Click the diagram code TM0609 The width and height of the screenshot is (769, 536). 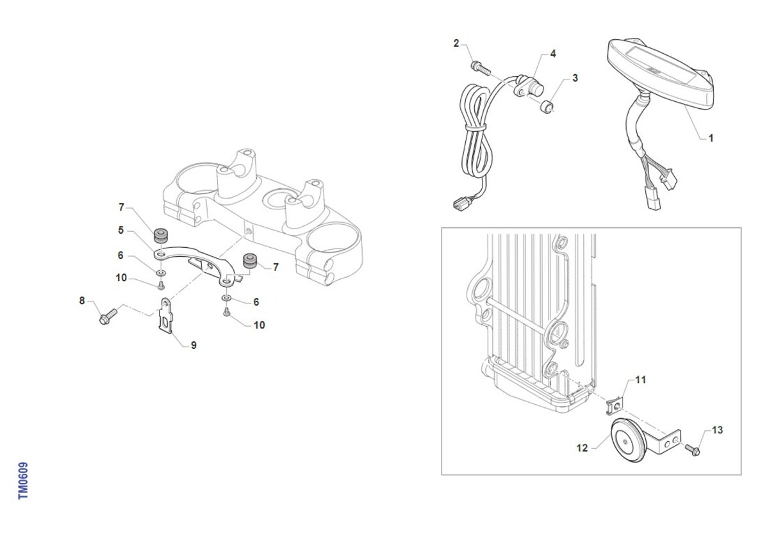[x=23, y=481]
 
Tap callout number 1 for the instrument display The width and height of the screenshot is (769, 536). [x=711, y=138]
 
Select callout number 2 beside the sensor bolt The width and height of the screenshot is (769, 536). [x=456, y=44]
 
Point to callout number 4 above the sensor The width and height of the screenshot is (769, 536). [x=553, y=54]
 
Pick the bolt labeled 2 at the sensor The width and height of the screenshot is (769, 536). [x=481, y=68]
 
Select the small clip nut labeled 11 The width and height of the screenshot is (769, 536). [x=615, y=406]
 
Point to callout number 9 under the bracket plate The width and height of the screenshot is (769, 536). [x=194, y=345]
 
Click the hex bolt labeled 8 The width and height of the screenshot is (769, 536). [x=108, y=316]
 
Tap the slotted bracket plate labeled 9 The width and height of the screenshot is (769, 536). [x=166, y=315]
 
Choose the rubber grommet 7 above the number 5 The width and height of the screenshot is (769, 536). [x=160, y=236]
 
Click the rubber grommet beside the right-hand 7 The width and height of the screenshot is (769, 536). [x=250, y=261]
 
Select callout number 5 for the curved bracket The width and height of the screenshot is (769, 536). [x=121, y=230]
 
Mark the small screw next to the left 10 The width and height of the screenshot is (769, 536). [x=161, y=285]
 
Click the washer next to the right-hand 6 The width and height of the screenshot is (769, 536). [x=226, y=298]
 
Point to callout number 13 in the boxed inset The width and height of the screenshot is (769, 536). [x=717, y=430]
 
